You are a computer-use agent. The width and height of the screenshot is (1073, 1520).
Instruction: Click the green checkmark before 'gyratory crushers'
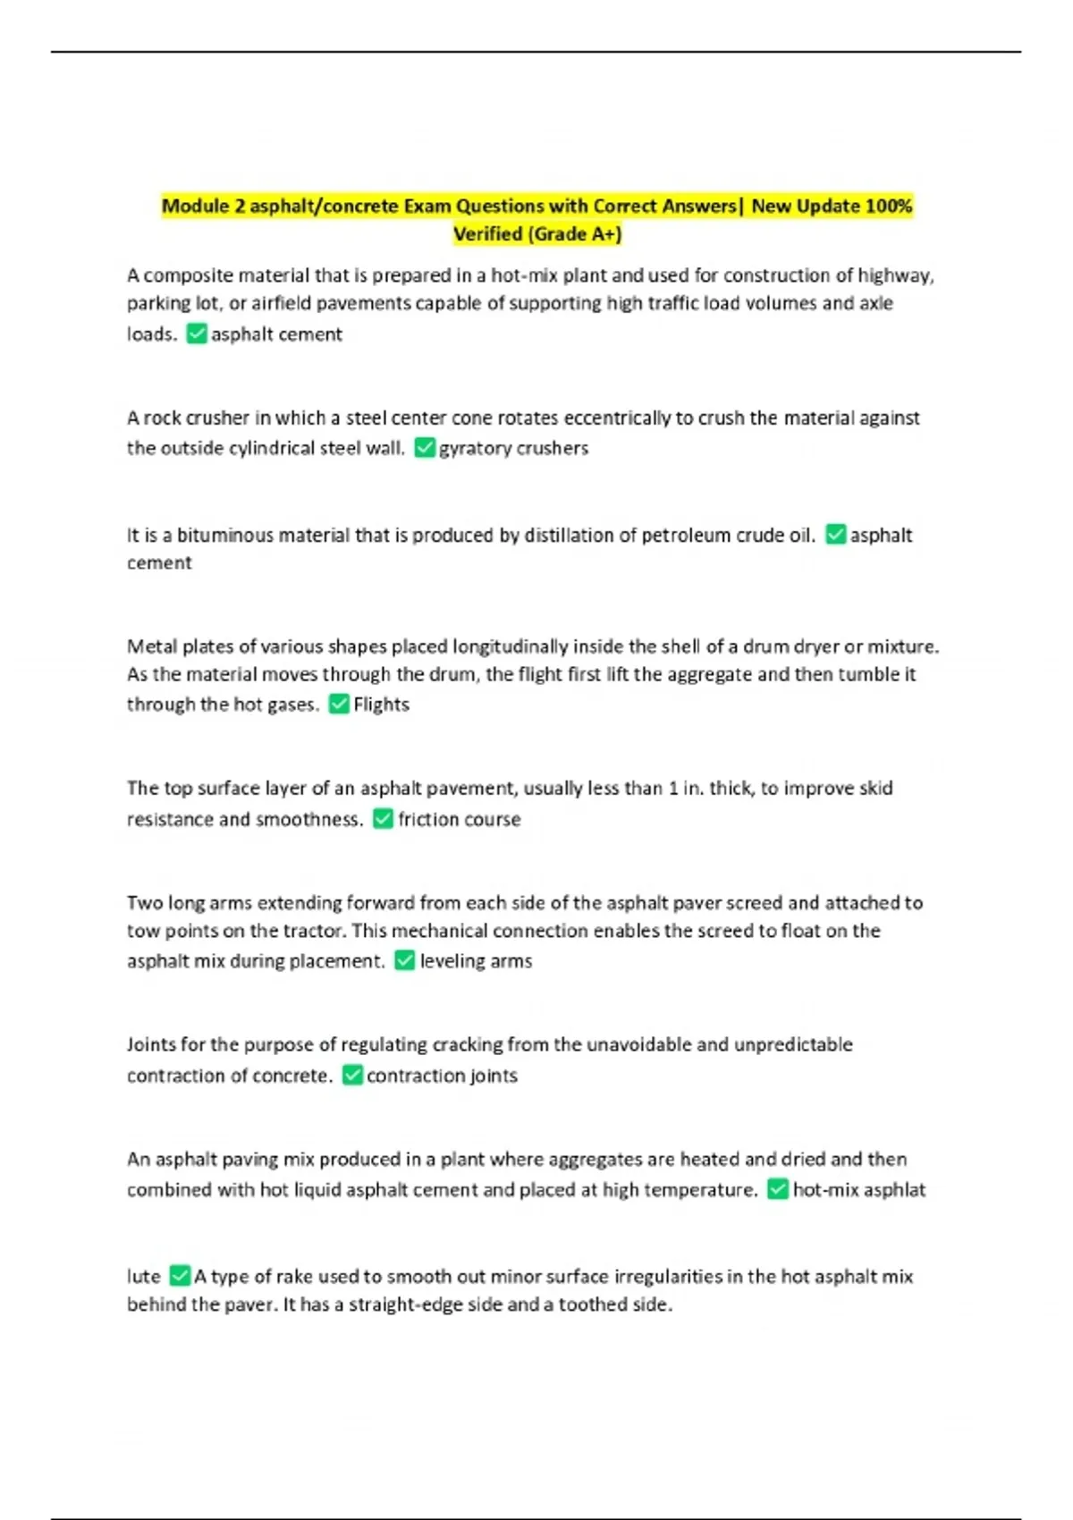pyautogui.click(x=425, y=447)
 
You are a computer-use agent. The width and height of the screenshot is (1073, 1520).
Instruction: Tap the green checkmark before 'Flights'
pyautogui.click(x=339, y=704)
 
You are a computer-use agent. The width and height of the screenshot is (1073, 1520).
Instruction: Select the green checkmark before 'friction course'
pyautogui.click(x=383, y=818)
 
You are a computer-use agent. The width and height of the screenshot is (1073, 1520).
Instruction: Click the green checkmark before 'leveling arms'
pyautogui.click(x=405, y=960)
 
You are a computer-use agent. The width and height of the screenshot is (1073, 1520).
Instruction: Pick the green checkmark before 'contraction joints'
pyautogui.click(x=352, y=1075)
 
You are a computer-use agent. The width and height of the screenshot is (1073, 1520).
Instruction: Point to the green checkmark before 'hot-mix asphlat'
pyautogui.click(x=778, y=1189)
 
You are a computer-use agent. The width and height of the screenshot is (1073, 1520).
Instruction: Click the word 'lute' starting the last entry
pyautogui.click(x=143, y=1276)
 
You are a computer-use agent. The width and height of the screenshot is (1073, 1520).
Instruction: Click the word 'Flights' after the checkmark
pyautogui.click(x=381, y=705)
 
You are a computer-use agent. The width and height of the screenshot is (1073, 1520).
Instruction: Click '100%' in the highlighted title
pyautogui.click(x=888, y=207)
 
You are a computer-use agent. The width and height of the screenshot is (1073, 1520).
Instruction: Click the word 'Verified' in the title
pyautogui.click(x=487, y=234)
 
